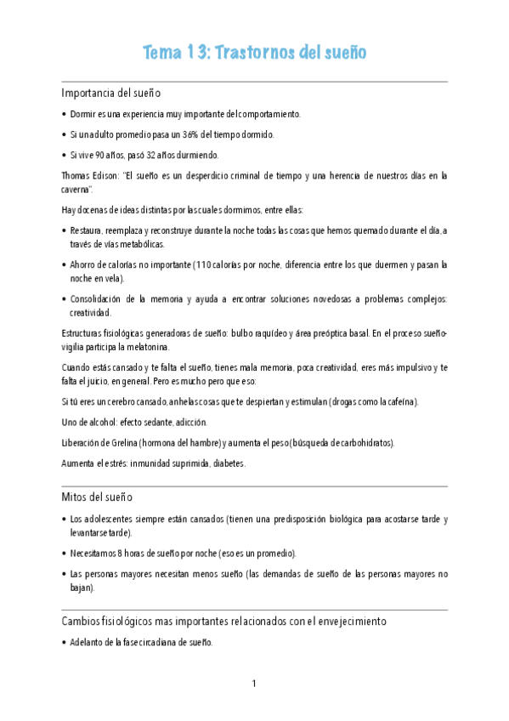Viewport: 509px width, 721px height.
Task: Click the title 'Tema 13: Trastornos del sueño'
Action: (255, 53)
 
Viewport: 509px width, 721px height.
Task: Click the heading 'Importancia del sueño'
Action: (111, 93)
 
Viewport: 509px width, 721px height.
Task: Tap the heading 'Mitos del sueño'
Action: (97, 497)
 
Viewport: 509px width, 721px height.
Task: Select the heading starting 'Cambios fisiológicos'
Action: (224, 622)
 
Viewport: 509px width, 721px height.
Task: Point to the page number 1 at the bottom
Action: (254, 684)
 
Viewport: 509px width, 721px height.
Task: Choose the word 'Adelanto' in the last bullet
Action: (88, 643)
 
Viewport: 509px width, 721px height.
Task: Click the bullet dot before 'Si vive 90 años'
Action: (65, 156)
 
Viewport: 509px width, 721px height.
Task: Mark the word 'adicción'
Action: (190, 423)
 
